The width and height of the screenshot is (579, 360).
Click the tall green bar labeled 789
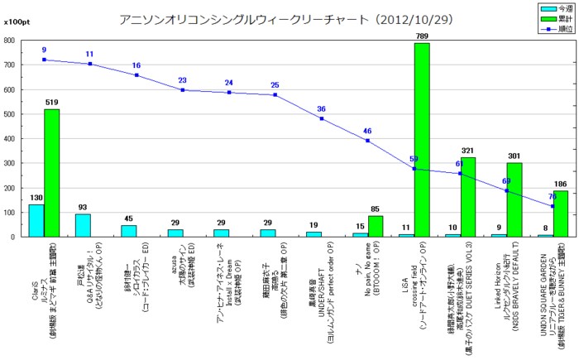coord(422,140)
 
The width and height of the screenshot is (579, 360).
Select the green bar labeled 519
coord(51,173)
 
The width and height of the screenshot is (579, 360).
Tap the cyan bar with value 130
coord(36,221)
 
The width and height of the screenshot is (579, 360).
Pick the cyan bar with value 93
coord(83,225)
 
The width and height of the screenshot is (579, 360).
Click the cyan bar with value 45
coord(129,231)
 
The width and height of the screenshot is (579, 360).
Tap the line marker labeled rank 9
coord(44,60)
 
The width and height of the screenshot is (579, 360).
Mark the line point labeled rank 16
coord(136,75)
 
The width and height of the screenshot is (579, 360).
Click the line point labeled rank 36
coord(322,118)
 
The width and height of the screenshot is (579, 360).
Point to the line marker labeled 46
coord(368,141)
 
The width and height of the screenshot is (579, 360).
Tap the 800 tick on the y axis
coord(10,40)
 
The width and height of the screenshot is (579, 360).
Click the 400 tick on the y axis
coord(10,138)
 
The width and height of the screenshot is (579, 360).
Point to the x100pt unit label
coord(16,25)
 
